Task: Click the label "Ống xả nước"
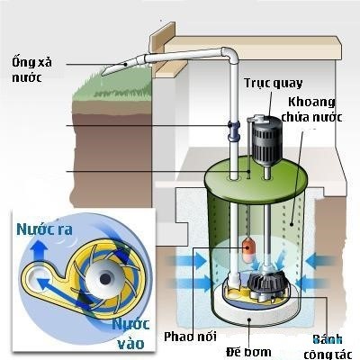pos(31,70)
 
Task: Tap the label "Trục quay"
pos(274,83)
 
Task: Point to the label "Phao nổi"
pos(190,337)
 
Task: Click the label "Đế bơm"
pos(248,351)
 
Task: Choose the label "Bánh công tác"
pos(328,346)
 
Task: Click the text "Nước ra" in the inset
pos(44,229)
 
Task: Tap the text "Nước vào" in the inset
pos(131,334)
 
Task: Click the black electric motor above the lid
pos(266,139)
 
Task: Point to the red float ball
pos(248,247)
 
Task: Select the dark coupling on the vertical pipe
pos(233,131)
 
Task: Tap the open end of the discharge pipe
pos(105,73)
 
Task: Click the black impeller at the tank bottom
pos(266,282)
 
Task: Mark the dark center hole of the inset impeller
pos(104,279)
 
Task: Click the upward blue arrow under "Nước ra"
pos(39,251)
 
